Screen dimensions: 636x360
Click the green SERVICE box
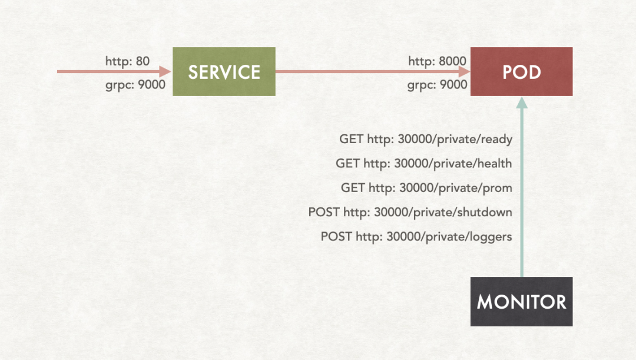(x=224, y=72)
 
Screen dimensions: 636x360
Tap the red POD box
(x=521, y=72)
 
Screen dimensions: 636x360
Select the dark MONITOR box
(x=521, y=302)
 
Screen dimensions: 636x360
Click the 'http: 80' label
(x=128, y=61)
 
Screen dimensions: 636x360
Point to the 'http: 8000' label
(x=438, y=61)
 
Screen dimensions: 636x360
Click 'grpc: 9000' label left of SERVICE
(x=135, y=85)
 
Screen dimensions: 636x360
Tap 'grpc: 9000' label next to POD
(x=438, y=85)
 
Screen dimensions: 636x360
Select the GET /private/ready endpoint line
(x=426, y=140)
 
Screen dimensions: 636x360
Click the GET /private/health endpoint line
(x=424, y=164)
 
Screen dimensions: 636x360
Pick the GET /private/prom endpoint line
(x=426, y=188)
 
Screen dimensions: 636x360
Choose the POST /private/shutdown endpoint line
(x=410, y=212)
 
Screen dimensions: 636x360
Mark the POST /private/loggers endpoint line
(x=416, y=237)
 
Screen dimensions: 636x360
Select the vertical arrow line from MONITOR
(x=521, y=194)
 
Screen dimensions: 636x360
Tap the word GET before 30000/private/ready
(x=351, y=140)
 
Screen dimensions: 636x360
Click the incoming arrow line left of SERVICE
(x=106, y=72)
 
